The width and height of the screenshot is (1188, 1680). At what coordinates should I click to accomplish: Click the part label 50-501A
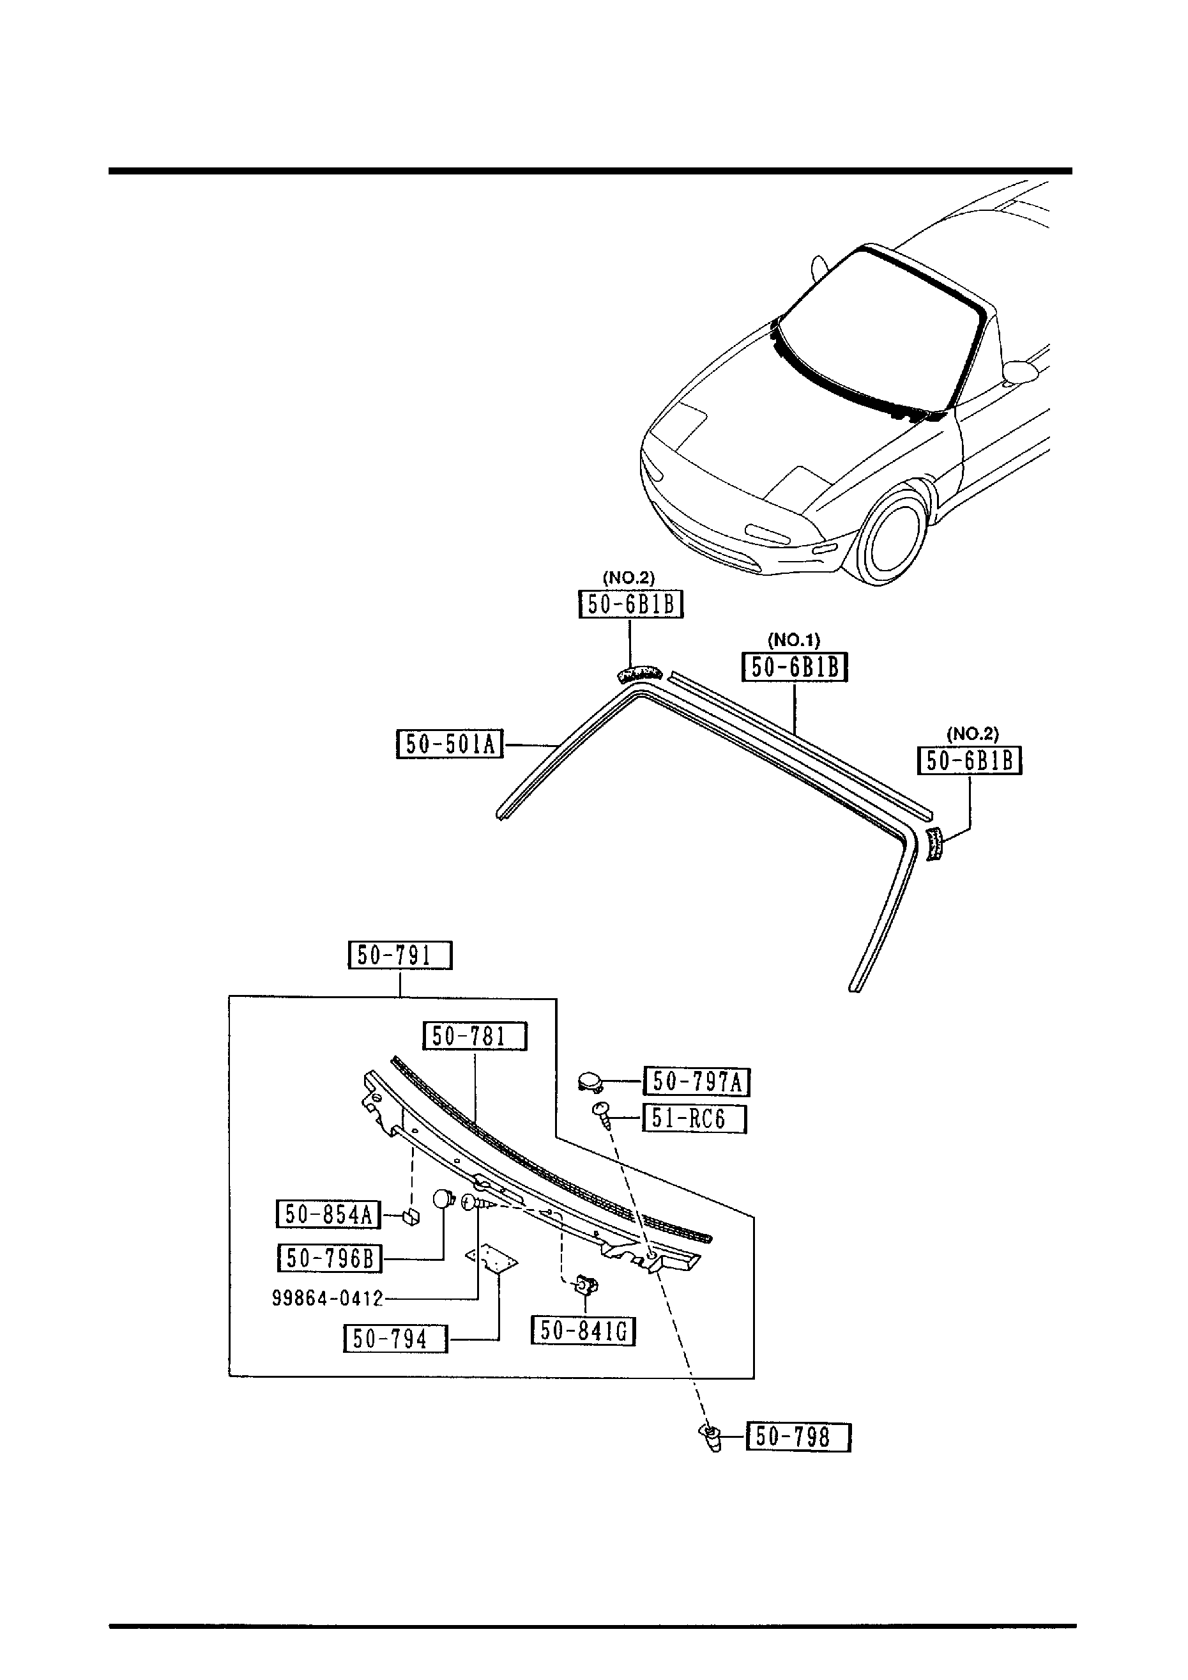click(x=449, y=744)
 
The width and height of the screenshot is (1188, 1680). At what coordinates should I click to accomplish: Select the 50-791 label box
click(x=399, y=955)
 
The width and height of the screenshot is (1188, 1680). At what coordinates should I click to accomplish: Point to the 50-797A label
click(x=696, y=1081)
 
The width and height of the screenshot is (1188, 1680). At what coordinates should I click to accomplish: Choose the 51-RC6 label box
click(x=694, y=1120)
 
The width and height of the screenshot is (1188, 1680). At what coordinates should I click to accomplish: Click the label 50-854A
click(x=328, y=1215)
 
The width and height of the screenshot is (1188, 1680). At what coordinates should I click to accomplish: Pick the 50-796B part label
click(x=330, y=1258)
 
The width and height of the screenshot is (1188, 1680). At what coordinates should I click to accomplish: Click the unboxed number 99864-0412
click(x=328, y=1299)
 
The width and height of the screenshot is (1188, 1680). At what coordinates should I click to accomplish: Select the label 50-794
click(x=395, y=1339)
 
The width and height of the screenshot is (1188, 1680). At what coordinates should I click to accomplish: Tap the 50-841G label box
click(x=583, y=1331)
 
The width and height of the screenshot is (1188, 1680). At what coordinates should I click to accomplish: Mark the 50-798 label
click(x=798, y=1437)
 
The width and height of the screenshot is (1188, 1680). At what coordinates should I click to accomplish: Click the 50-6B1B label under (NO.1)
click(x=795, y=667)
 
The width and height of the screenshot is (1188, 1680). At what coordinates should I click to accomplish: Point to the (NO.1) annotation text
click(x=794, y=640)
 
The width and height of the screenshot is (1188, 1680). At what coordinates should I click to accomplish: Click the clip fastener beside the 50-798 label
click(x=710, y=1437)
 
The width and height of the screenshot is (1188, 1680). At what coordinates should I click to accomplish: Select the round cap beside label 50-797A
click(x=588, y=1080)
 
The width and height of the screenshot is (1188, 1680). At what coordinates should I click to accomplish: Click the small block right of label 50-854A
click(x=412, y=1217)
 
